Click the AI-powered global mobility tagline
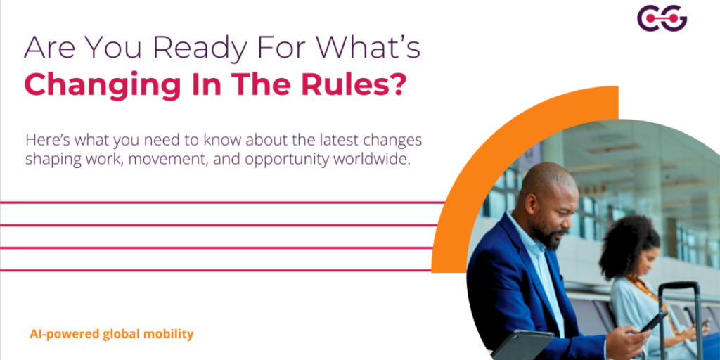point(111,334)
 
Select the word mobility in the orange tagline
point(169,334)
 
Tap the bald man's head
point(545,186)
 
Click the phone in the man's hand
point(653,321)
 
